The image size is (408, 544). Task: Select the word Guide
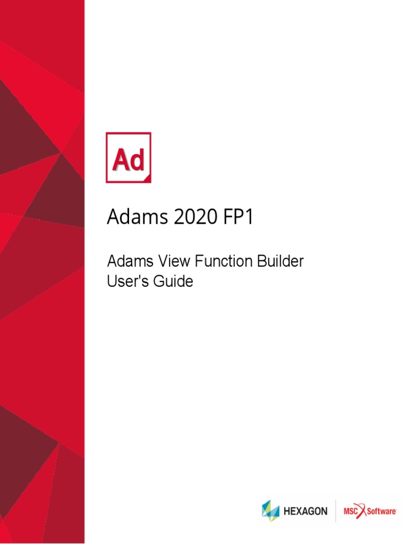pos(173,281)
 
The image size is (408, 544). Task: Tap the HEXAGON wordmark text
pos(305,512)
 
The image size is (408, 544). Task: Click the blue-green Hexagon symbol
pos(270,511)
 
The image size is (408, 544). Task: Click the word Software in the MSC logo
pos(382,511)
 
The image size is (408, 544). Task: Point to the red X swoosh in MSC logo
pos(365,511)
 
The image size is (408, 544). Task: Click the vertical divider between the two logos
pos(335,511)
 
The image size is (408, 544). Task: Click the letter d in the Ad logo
pos(137,160)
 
